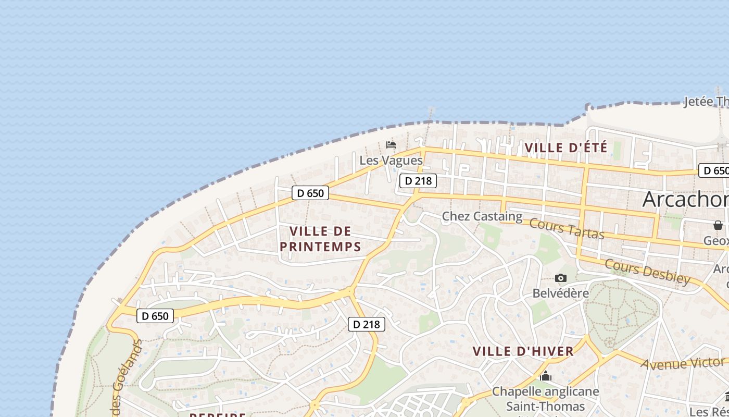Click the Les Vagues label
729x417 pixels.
pyautogui.click(x=391, y=161)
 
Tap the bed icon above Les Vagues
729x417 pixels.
pyautogui.click(x=391, y=144)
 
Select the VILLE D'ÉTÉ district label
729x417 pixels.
pyautogui.click(x=566, y=148)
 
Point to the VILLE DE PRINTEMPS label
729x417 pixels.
pyautogui.click(x=320, y=239)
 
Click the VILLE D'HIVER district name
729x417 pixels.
pyautogui.click(x=523, y=351)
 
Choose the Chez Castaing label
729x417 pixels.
pyautogui.click(x=482, y=216)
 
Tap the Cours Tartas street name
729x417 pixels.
pyautogui.click(x=567, y=229)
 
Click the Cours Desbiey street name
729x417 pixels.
pyautogui.click(x=647, y=271)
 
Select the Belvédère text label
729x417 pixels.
pyautogui.click(x=560, y=293)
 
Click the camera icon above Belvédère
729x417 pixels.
pyautogui.click(x=561, y=278)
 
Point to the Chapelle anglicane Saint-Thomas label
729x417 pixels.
pyautogui.click(x=546, y=399)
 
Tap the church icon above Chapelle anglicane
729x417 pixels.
pyautogui.click(x=546, y=376)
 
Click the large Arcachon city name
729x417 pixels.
pyautogui.click(x=685, y=199)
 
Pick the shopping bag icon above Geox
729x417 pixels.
pyautogui.click(x=718, y=225)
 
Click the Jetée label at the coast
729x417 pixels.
pyautogui.click(x=706, y=101)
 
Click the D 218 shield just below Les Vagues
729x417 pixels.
pyautogui.click(x=418, y=181)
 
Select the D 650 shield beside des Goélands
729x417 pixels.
pyautogui.click(x=155, y=316)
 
